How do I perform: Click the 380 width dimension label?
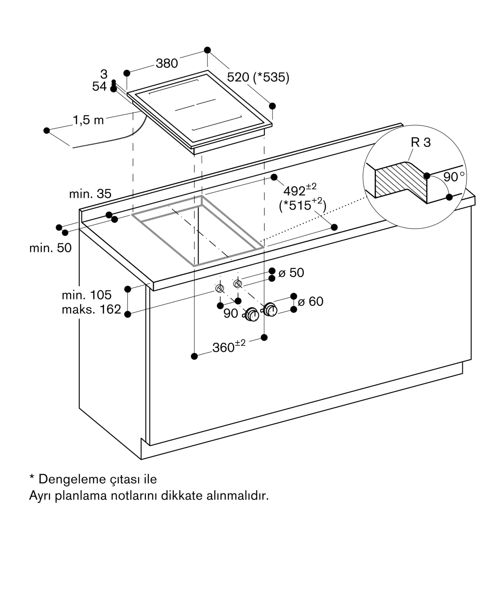pyautogui.click(x=167, y=63)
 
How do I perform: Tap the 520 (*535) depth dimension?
pyautogui.click(x=258, y=77)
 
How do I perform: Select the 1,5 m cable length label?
pyautogui.click(x=88, y=120)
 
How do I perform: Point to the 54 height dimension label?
pyautogui.click(x=99, y=87)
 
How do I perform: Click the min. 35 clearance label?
pyautogui.click(x=90, y=194)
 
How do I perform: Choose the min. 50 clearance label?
pyautogui.click(x=50, y=248)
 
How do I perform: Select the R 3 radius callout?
pyautogui.click(x=420, y=142)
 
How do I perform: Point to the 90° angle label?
pyautogui.click(x=454, y=177)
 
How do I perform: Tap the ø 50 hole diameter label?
pyautogui.click(x=291, y=273)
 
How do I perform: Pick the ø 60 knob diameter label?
pyautogui.click(x=310, y=301)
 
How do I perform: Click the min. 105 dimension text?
pyautogui.click(x=86, y=295)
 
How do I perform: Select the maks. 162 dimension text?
pyautogui.click(x=91, y=309)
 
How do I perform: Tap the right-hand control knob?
pyautogui.click(x=270, y=309)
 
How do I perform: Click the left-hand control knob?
pyautogui.click(x=252, y=315)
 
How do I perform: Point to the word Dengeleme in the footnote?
pyautogui.click(x=72, y=479)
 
